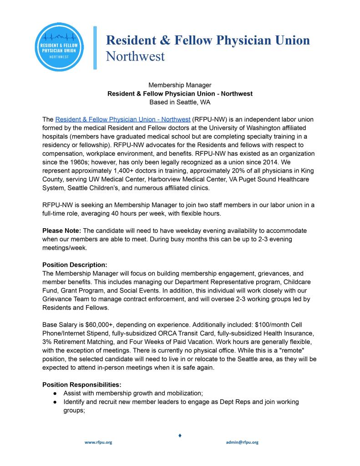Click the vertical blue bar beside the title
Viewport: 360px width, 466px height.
coord(95,48)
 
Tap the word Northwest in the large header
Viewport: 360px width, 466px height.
coord(135,56)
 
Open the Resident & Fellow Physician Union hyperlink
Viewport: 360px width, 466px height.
coord(122,119)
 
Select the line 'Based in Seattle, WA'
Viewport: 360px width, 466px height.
coord(180,102)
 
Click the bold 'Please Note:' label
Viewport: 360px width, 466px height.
coord(61,230)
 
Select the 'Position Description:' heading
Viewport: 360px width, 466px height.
coord(75,265)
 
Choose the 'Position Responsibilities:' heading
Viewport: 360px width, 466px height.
coord(82,384)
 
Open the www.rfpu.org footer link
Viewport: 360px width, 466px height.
coord(98,442)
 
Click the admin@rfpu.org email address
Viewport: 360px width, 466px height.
coord(242,442)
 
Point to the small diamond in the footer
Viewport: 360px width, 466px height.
coord(180,436)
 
